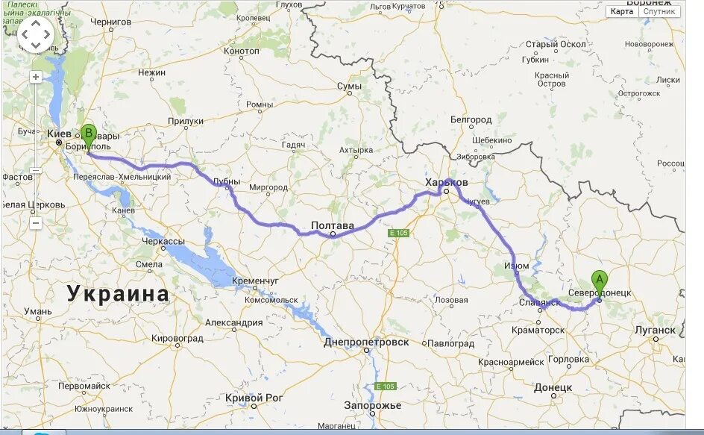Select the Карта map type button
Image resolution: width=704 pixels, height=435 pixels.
(621, 11)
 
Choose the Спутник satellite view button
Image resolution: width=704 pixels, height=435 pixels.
(659, 11)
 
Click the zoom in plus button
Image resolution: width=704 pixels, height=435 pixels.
(36, 77)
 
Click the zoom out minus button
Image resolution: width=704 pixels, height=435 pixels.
(36, 222)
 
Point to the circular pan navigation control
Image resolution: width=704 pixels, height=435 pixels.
(36, 34)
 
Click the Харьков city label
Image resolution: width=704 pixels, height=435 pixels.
(446, 182)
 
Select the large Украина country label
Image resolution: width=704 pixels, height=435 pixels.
(119, 293)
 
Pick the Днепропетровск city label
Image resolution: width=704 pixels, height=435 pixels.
(366, 342)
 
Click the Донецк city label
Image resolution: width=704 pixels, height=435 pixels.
(553, 388)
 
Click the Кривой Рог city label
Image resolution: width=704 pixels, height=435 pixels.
(254, 398)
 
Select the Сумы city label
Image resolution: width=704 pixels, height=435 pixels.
(348, 87)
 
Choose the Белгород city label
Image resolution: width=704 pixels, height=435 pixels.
(471, 120)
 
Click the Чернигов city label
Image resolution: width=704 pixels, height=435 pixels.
(110, 22)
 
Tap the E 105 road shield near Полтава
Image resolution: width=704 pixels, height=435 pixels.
(398, 234)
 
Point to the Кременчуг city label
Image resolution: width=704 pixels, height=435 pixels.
(255, 281)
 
